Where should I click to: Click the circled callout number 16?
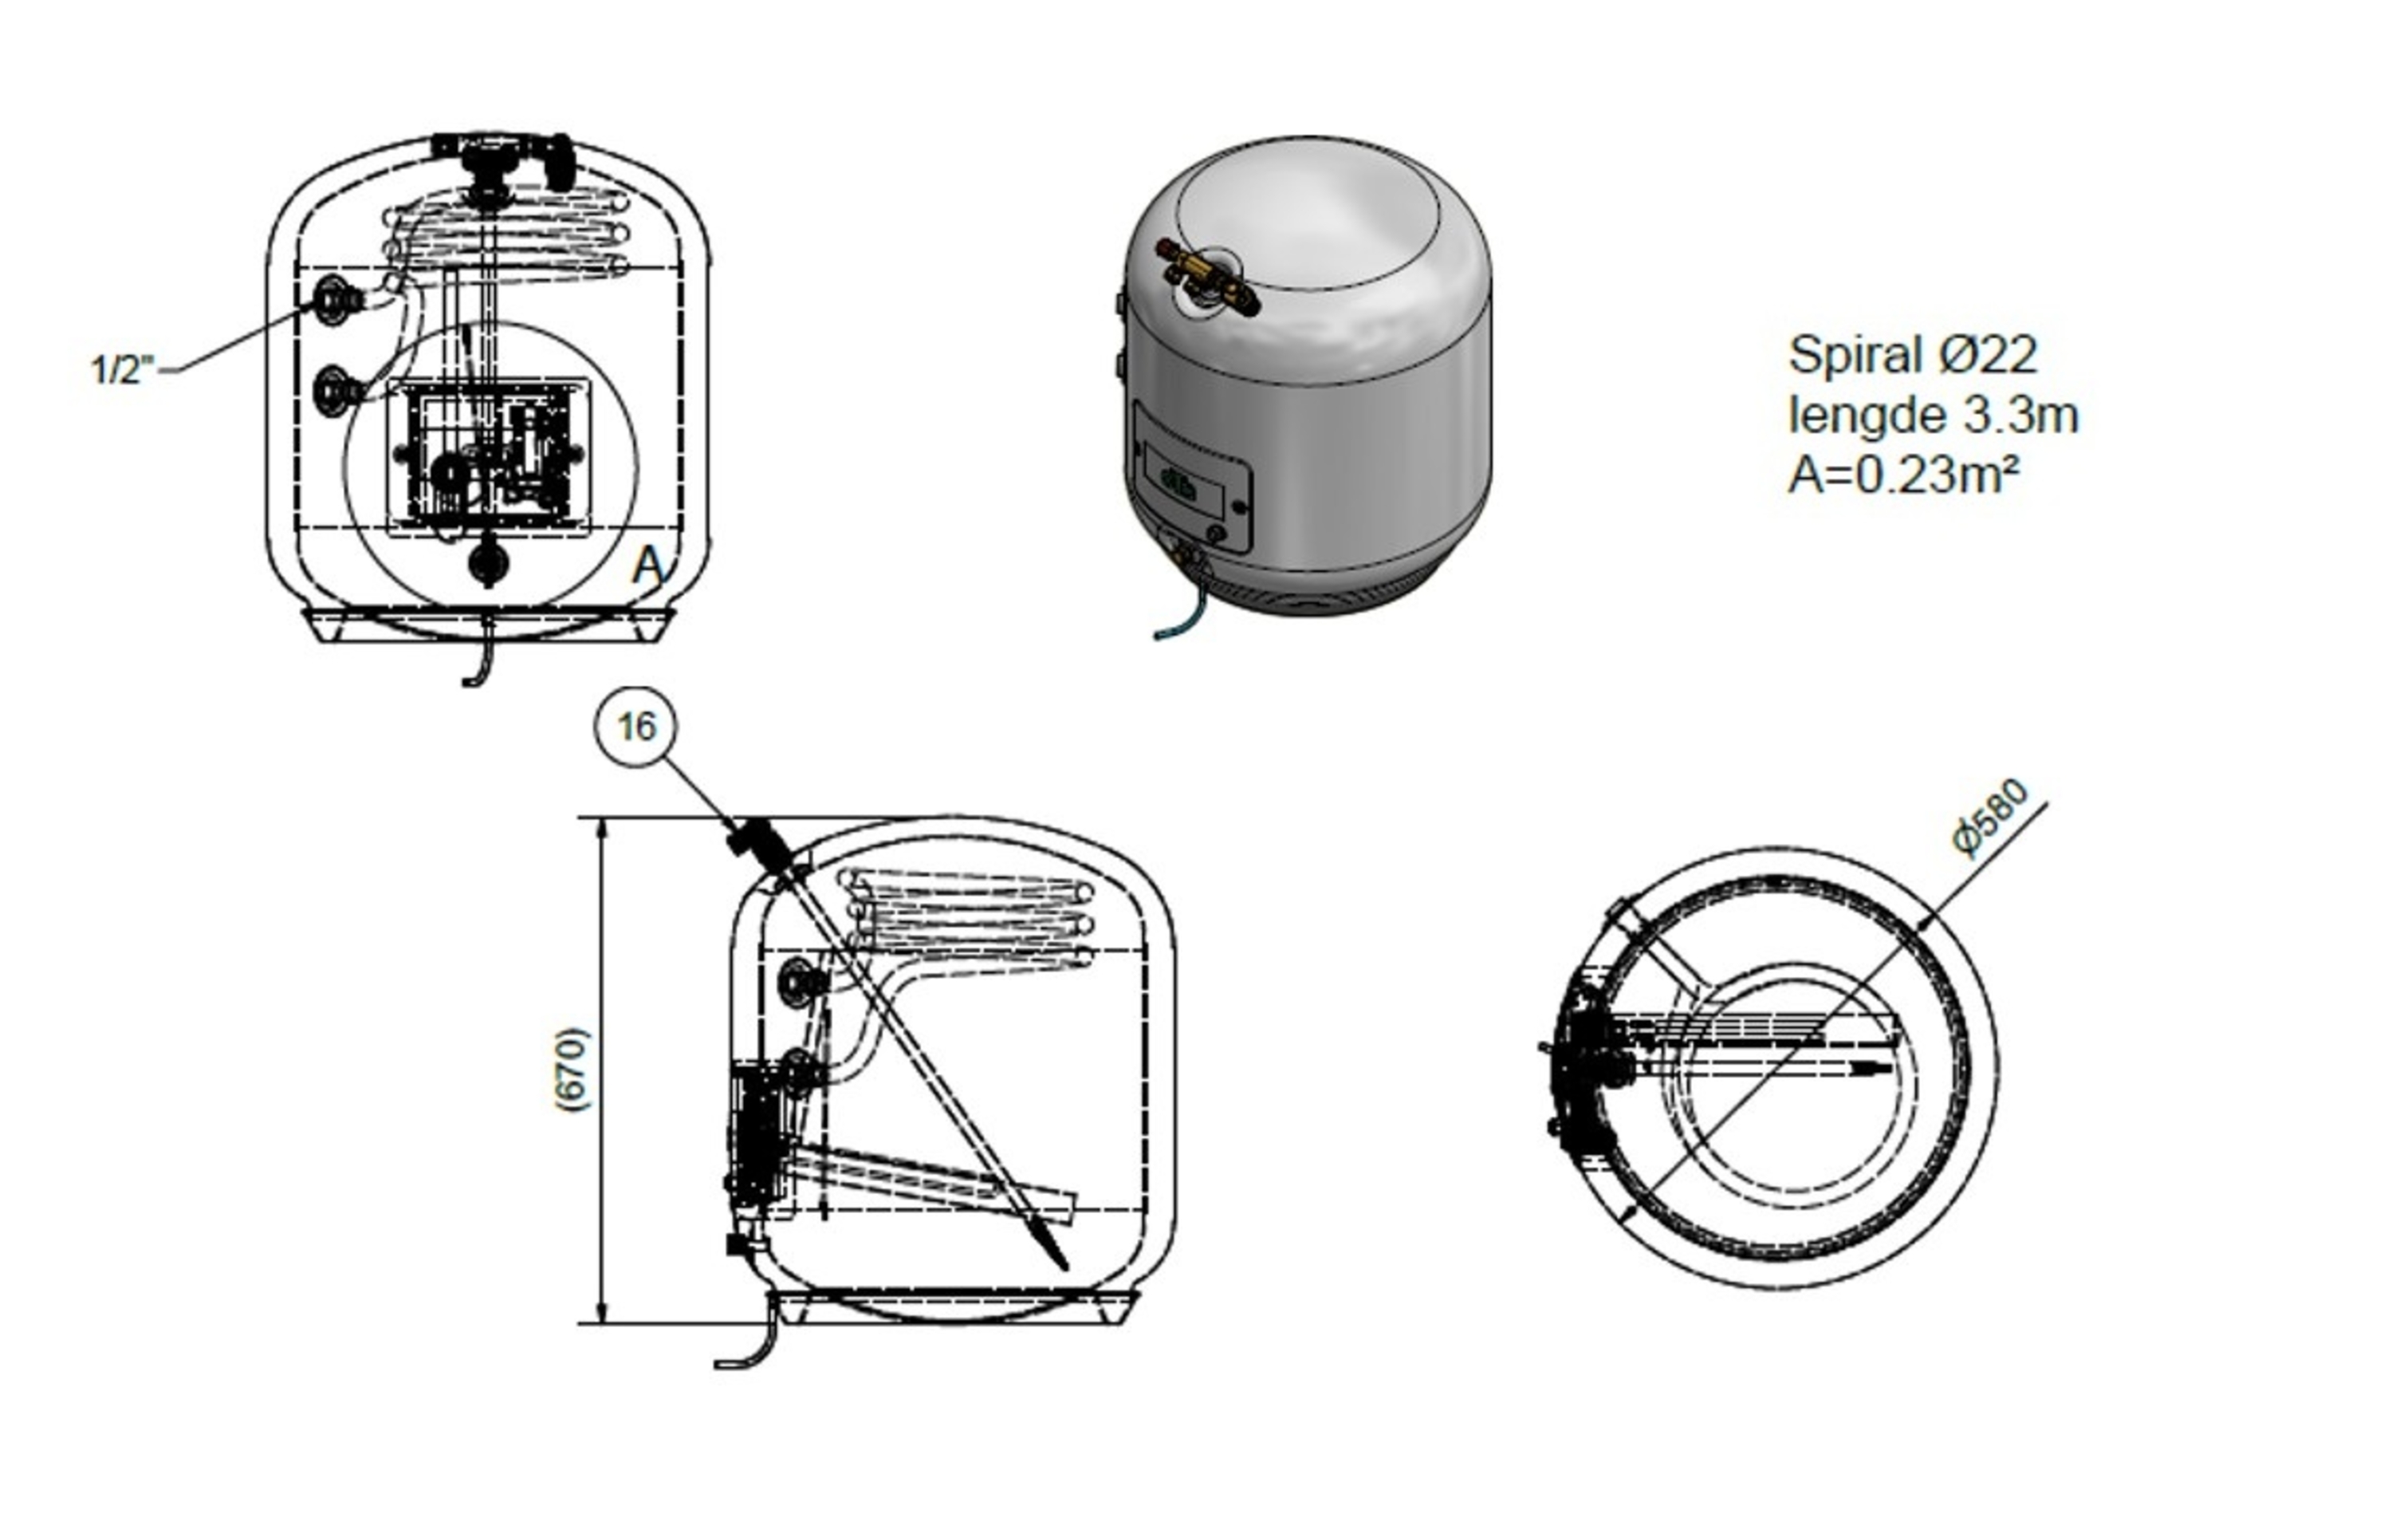637,727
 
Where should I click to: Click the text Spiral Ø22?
1912,355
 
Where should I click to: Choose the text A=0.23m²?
1903,475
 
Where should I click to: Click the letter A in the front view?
647,565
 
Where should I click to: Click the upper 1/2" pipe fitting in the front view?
332,299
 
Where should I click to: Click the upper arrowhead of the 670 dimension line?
601,830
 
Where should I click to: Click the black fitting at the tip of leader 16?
759,845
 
